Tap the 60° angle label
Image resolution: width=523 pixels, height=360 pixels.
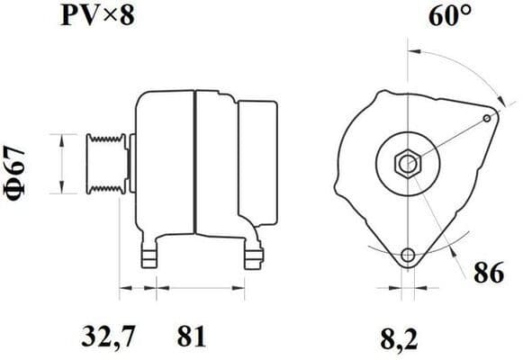[x=442, y=15]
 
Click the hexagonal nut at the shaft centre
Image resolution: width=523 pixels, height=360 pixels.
[x=406, y=165]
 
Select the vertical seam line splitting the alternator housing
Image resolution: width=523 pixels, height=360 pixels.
[x=194, y=162]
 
